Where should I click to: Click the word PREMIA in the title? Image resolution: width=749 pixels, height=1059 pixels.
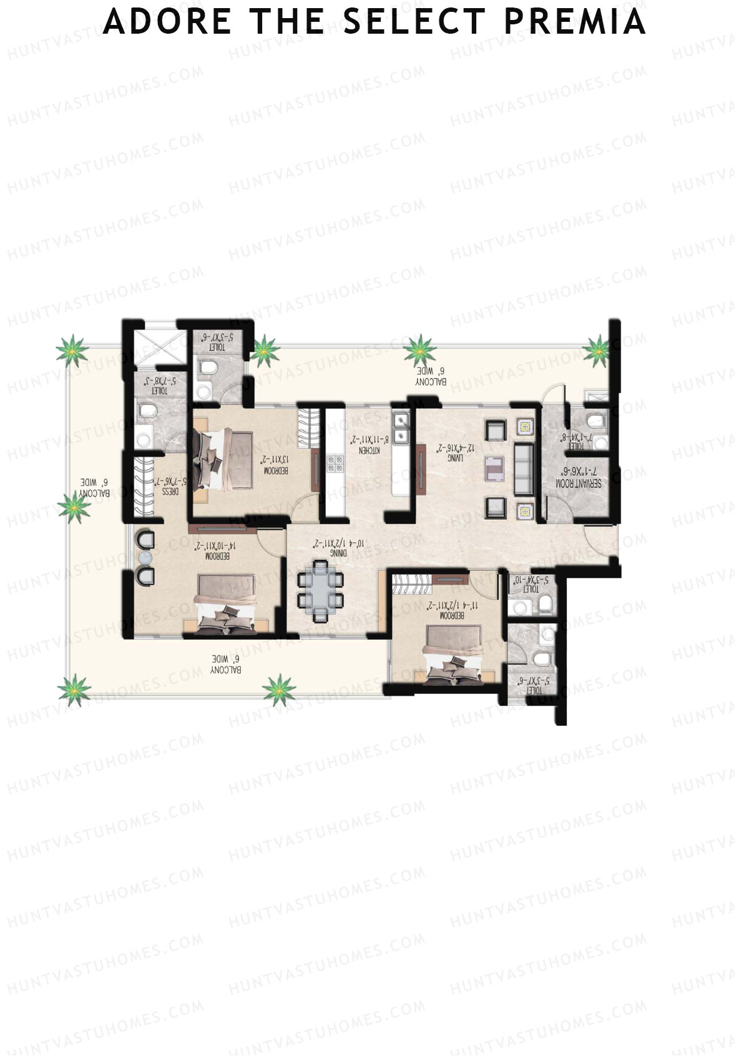point(574,21)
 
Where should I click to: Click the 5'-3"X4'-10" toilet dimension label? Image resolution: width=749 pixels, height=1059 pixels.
point(529,583)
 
